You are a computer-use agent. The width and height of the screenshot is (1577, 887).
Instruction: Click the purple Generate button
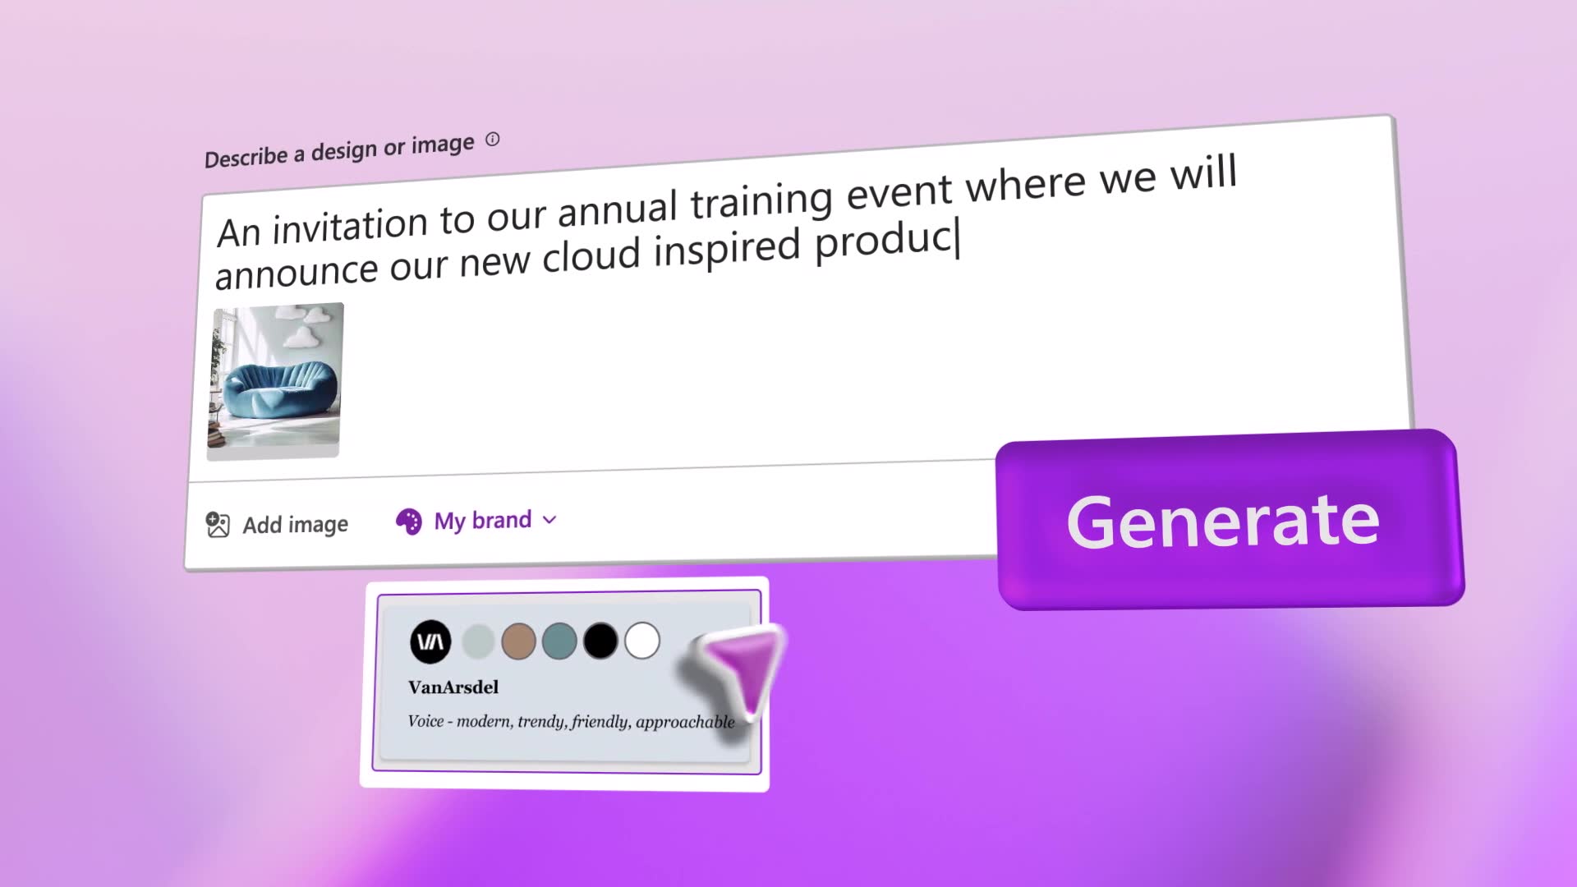coord(1230,519)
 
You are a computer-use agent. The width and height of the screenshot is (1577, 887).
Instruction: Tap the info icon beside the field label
coord(492,140)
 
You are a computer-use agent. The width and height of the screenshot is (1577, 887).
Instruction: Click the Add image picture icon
coord(218,525)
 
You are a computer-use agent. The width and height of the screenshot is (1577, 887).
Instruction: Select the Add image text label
coord(295,525)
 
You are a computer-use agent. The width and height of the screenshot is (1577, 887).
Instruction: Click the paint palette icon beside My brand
coord(408,521)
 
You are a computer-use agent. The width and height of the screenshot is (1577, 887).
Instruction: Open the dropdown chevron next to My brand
coord(549,520)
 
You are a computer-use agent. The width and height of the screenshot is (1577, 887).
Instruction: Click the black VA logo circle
coord(430,641)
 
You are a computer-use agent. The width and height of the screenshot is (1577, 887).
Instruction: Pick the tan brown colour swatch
coord(518,641)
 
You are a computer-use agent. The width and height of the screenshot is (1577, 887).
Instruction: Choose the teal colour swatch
coord(559,641)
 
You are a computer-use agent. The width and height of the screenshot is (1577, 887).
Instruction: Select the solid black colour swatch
coord(600,641)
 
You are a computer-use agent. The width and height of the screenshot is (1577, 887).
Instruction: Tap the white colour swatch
coord(642,641)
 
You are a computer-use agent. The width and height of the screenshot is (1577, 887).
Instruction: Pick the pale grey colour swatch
coord(477,641)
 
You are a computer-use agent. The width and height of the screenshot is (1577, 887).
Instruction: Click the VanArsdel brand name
coord(453,687)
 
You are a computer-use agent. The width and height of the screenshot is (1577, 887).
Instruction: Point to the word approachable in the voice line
coord(685,722)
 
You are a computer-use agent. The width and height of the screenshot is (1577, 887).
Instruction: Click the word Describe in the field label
coord(246,157)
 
